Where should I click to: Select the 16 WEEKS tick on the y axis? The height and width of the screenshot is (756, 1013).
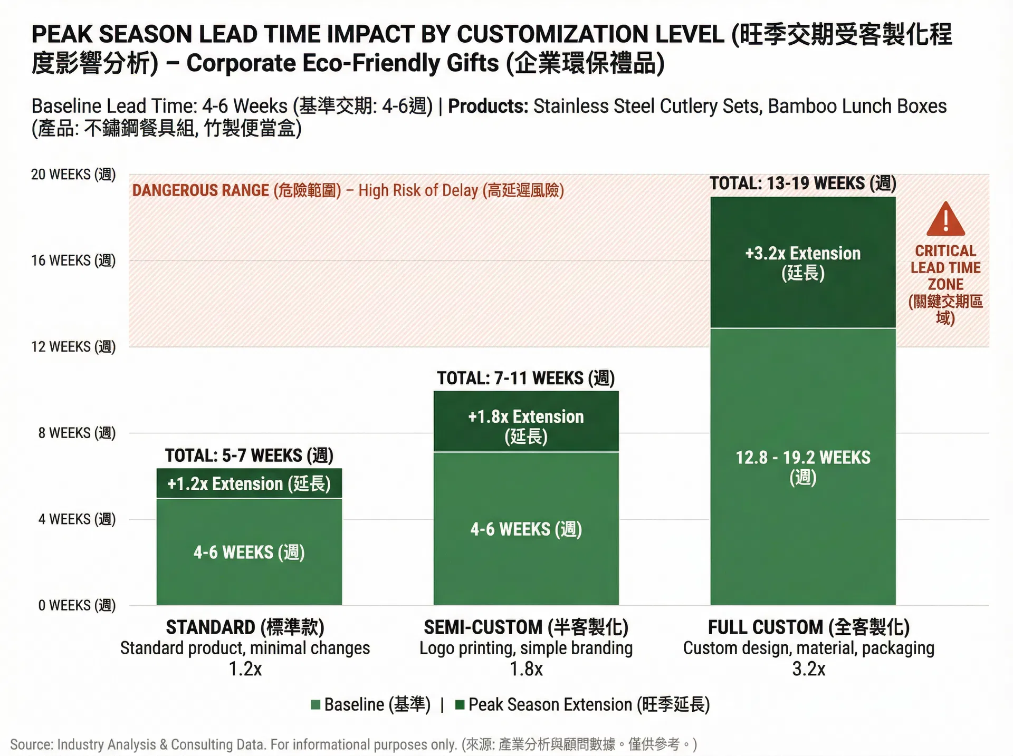tap(73, 260)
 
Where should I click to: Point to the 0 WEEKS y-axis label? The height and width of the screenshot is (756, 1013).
tap(77, 605)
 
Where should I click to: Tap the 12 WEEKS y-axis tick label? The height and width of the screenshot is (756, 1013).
tap(73, 347)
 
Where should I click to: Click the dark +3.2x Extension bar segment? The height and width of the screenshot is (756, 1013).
tap(802, 263)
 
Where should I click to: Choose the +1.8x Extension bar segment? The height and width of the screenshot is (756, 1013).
tap(526, 422)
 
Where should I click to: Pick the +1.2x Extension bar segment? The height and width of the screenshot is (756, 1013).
tap(249, 483)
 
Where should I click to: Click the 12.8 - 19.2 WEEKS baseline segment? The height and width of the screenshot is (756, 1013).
tap(802, 467)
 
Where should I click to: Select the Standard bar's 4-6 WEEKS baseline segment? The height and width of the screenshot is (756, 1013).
tap(249, 552)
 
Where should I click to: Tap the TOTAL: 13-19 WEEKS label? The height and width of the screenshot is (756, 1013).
tap(802, 183)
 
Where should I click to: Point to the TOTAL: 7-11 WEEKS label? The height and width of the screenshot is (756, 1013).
tap(526, 378)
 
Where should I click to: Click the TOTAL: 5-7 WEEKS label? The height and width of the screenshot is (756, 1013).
tap(249, 455)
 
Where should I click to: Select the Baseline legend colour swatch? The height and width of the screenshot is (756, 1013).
tap(316, 705)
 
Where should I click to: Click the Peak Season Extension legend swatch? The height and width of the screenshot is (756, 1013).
tap(460, 705)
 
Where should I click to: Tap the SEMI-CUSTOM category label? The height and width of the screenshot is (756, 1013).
tap(526, 627)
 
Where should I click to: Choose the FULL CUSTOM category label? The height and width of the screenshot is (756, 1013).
tap(809, 627)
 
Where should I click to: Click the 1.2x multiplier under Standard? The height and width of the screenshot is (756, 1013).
tap(245, 669)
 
